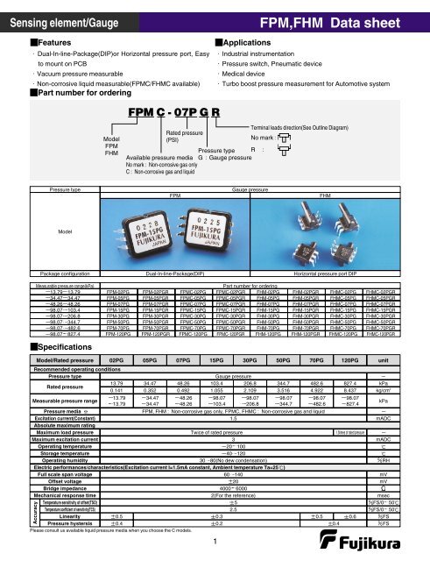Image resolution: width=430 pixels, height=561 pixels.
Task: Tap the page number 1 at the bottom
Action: point(214,542)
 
